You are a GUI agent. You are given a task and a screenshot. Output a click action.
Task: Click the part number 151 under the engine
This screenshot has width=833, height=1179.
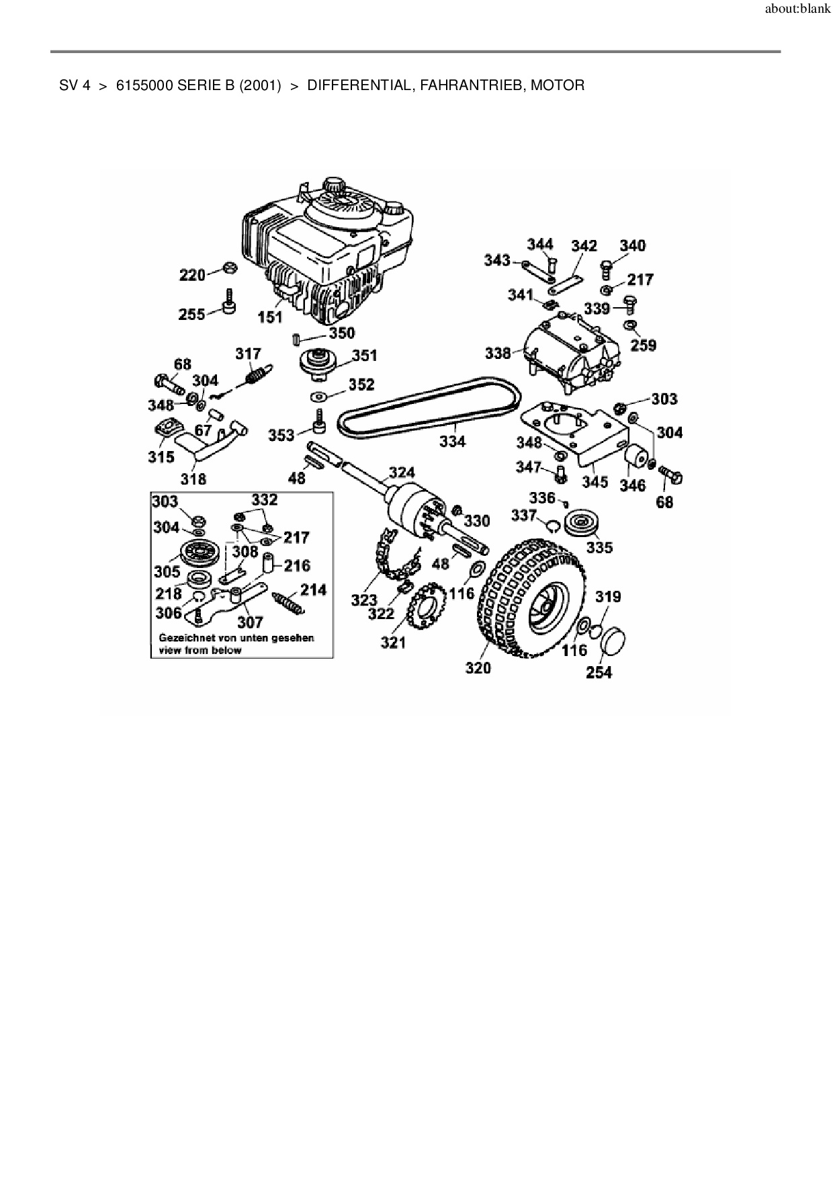pyautogui.click(x=270, y=317)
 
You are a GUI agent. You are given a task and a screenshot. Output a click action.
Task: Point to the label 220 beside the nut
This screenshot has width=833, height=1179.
pyautogui.click(x=192, y=274)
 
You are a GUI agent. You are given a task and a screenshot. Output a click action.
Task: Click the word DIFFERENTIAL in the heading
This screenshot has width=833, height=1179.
pyautogui.click(x=359, y=85)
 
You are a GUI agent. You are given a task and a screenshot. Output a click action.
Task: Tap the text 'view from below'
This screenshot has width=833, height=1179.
pyautogui.click(x=200, y=650)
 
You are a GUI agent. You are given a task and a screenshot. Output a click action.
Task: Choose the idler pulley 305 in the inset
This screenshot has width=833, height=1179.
pyautogui.click(x=197, y=553)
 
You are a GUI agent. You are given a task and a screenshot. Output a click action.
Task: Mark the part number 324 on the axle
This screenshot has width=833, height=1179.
pyautogui.click(x=402, y=473)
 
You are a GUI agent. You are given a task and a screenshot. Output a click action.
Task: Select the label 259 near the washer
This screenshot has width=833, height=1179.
pyautogui.click(x=644, y=345)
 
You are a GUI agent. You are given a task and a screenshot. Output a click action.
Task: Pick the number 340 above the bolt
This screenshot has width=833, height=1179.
pyautogui.click(x=632, y=245)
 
